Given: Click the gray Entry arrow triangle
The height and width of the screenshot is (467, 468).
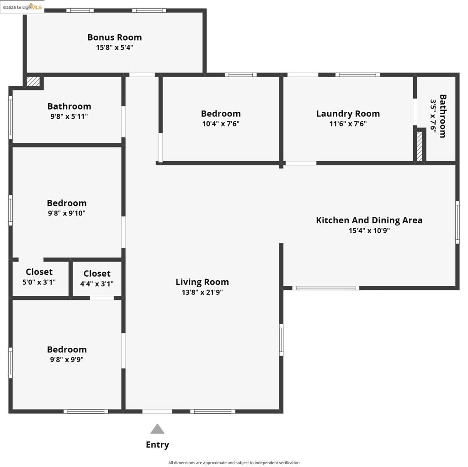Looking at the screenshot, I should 157,429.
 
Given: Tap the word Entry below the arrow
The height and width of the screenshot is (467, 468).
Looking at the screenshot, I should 157,445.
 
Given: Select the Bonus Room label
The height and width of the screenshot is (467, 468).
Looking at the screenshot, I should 114,37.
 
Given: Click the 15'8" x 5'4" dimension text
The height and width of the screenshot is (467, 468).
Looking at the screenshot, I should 114,47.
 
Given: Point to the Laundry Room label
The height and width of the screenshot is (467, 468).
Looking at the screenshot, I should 348,114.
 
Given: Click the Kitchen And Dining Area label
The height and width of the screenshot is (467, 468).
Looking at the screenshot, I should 369,220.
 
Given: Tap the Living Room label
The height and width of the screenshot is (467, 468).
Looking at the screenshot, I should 202,282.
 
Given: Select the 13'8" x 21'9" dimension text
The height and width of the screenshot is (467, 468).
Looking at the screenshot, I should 202,293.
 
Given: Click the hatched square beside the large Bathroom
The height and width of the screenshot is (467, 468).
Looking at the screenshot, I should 33,82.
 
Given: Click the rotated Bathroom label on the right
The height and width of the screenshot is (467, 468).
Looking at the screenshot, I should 442,116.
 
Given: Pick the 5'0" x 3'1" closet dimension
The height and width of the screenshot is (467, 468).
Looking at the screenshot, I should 39,282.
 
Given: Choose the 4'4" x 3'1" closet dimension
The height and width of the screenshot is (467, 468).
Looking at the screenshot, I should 97,284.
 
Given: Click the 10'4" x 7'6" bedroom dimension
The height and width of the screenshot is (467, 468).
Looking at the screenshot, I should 221,124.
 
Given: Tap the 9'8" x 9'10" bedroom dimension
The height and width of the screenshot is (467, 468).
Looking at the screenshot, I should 67,213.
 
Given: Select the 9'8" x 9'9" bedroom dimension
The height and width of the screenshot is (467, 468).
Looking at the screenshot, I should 67,360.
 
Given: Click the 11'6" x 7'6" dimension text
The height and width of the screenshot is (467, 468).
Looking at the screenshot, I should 348,124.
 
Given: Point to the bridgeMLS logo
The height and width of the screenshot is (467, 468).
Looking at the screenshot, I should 22,7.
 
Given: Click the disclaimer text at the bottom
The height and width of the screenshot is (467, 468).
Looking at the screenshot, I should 234,462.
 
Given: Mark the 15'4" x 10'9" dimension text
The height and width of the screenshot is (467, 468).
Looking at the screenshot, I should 369,231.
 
